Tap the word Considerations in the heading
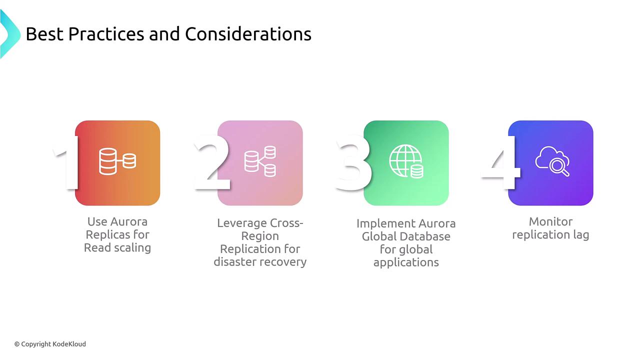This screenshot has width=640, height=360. point(248,34)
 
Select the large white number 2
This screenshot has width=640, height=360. point(212,162)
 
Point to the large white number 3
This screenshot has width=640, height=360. point(353,163)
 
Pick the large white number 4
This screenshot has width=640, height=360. point(500,162)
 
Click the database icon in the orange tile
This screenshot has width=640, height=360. point(117,161)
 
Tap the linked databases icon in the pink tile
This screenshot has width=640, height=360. point(260,161)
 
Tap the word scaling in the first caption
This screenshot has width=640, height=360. point(132,248)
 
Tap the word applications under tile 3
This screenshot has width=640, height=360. point(406,263)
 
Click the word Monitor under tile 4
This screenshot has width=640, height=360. point(550,221)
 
